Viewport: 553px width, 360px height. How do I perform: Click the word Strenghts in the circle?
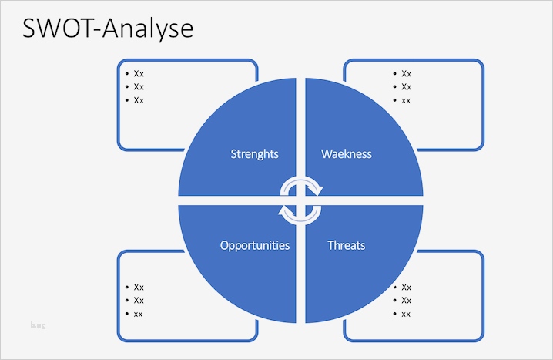[255, 154]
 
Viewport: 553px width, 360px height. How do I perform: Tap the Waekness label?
[346, 154]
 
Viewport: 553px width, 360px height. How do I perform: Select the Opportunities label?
[255, 246]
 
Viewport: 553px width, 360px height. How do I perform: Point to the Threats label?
[346, 246]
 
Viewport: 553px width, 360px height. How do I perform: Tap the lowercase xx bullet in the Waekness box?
[406, 100]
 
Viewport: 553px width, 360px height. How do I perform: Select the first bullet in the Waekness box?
[406, 74]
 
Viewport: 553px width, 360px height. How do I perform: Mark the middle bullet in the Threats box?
[406, 301]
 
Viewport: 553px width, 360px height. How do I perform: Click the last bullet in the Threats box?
[406, 314]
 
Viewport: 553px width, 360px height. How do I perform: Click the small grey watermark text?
[38, 325]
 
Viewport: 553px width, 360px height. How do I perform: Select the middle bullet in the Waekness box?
[406, 87]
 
